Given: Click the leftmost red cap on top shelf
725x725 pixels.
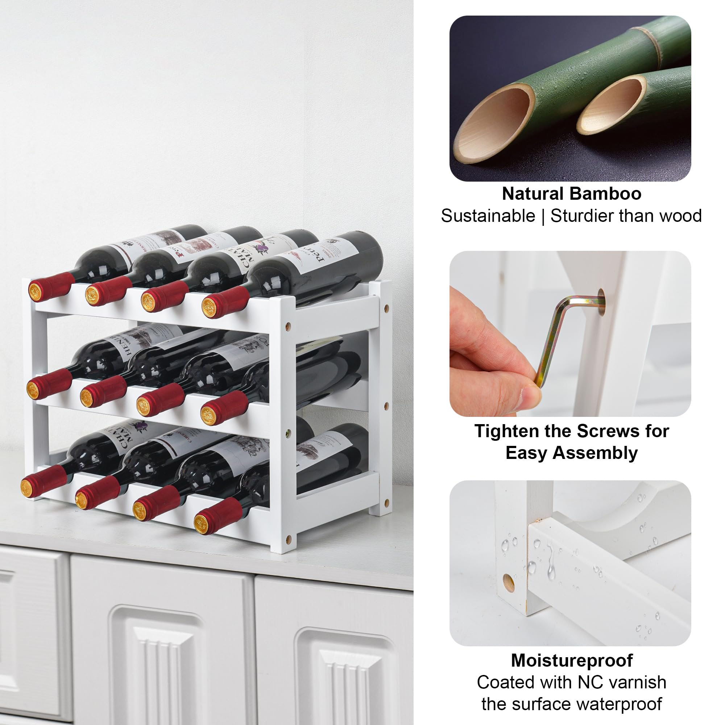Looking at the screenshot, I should click(44, 287).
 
